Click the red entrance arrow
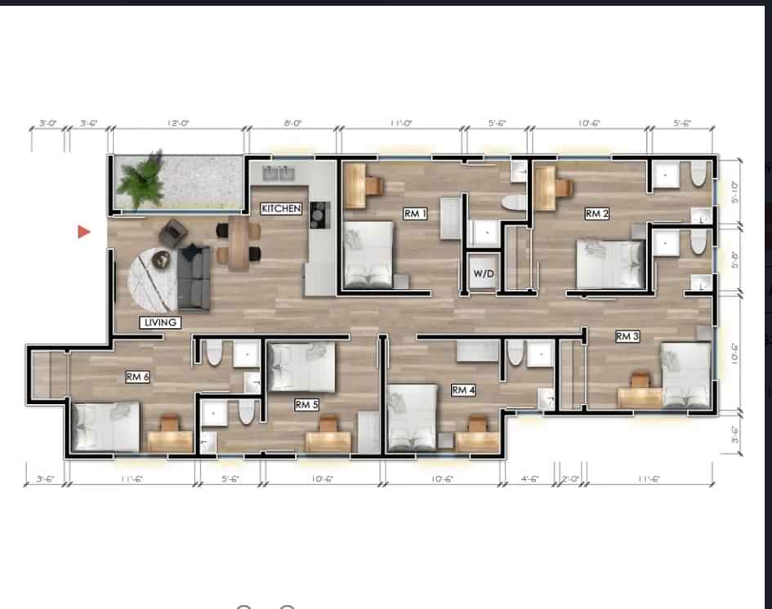tap(83, 233)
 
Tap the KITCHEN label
tap(282, 209)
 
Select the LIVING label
tap(160, 322)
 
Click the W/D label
tap(482, 273)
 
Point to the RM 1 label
tap(415, 213)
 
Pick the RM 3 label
tap(627, 336)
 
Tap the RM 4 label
tap(463, 391)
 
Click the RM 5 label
tap(306, 404)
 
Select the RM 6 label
tap(136, 377)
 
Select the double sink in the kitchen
tap(279, 173)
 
